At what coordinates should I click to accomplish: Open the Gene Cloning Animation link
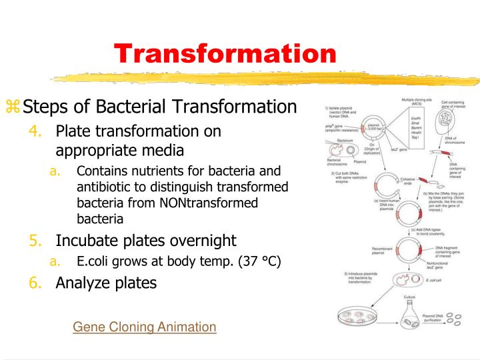145,327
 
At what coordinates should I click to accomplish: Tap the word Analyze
83,283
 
